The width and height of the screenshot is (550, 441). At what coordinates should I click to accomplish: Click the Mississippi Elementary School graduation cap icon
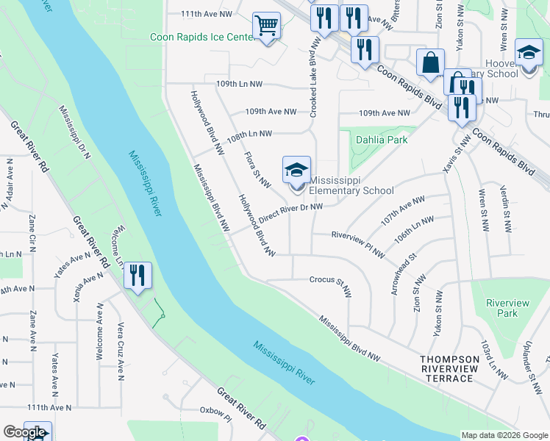297,171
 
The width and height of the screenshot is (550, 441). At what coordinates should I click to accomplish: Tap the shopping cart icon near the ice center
266,26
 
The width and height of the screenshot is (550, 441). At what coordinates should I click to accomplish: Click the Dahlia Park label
382,139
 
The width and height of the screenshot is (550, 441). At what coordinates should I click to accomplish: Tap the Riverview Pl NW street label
357,244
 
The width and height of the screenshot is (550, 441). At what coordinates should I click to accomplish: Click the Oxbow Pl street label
216,417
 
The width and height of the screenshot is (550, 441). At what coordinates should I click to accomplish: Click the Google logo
24,432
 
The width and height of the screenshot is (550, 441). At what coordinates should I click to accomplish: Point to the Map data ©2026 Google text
504,435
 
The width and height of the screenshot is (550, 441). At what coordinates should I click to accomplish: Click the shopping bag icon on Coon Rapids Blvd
430,63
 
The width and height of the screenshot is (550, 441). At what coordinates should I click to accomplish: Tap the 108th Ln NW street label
249,135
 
